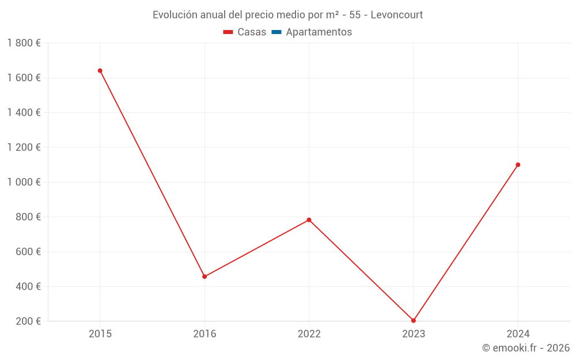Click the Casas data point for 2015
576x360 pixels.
tap(100, 71)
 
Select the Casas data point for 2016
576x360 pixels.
tap(204, 276)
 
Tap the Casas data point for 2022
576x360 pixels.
tap(309, 220)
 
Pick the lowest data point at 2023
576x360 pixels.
tap(414, 320)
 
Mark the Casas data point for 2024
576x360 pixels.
tap(518, 165)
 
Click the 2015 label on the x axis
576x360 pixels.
tap(100, 334)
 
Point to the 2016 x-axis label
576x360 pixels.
tap(204, 334)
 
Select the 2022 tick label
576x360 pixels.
tap(309, 334)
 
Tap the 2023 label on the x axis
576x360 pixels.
tap(414, 334)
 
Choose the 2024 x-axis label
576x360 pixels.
tap(518, 334)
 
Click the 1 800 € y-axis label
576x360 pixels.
tap(24, 43)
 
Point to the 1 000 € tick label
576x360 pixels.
tap(24, 182)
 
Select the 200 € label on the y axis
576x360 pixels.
tap(27, 321)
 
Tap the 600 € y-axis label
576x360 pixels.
tap(27, 252)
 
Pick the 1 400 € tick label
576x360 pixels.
tap(24, 113)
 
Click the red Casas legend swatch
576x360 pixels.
tap(228, 32)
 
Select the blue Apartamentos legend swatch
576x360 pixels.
tap(276, 32)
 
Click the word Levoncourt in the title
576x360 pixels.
tap(397, 15)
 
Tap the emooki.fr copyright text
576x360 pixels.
tap(526, 348)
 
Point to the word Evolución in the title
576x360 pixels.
tap(175, 15)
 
